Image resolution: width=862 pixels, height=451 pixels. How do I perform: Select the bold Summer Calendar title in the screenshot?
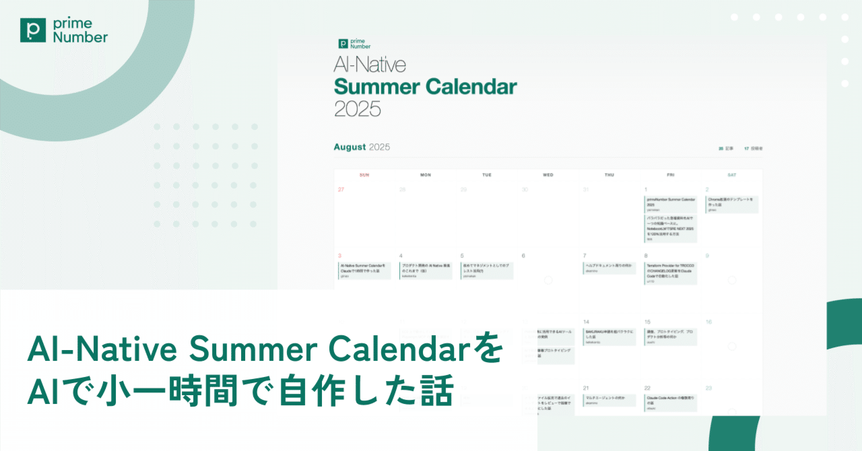(426, 87)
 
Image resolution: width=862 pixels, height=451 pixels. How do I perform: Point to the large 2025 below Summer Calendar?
(358, 108)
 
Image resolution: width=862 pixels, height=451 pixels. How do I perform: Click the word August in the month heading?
(350, 147)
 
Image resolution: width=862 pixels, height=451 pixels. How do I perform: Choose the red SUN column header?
(364, 175)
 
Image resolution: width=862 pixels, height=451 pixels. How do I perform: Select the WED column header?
(548, 175)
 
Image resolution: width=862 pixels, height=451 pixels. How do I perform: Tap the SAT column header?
(731, 175)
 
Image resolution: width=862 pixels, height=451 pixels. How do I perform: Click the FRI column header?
(671, 175)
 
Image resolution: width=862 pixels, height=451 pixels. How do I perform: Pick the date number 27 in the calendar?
(341, 190)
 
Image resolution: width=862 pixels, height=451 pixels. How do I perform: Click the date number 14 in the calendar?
(587, 322)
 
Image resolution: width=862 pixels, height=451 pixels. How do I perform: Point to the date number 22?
(647, 388)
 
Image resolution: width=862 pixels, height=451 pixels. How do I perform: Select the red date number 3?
(339, 256)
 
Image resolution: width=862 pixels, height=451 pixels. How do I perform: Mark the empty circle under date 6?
(548, 279)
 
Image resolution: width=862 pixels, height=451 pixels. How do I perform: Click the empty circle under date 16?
(732, 346)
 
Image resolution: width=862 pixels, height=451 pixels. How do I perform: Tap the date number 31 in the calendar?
(586, 190)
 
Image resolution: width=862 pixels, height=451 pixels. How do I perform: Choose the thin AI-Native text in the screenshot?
(370, 65)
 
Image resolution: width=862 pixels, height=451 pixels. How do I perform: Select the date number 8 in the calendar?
(646, 256)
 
